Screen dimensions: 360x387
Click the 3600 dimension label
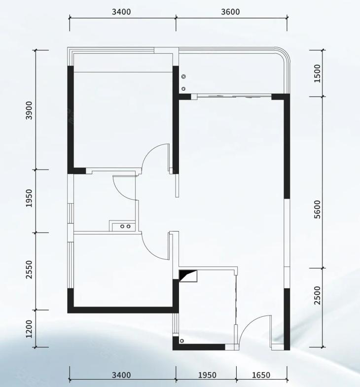230,12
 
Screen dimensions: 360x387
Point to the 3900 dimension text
29,110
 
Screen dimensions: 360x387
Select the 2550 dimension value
29,270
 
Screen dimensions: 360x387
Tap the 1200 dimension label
29,329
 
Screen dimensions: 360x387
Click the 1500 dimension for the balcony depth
318,73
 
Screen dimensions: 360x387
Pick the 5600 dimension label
318,210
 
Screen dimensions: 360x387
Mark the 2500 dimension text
318,295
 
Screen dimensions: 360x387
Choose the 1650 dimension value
261,375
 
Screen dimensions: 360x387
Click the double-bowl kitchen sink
125,226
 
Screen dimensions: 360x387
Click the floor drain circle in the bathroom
182,341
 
